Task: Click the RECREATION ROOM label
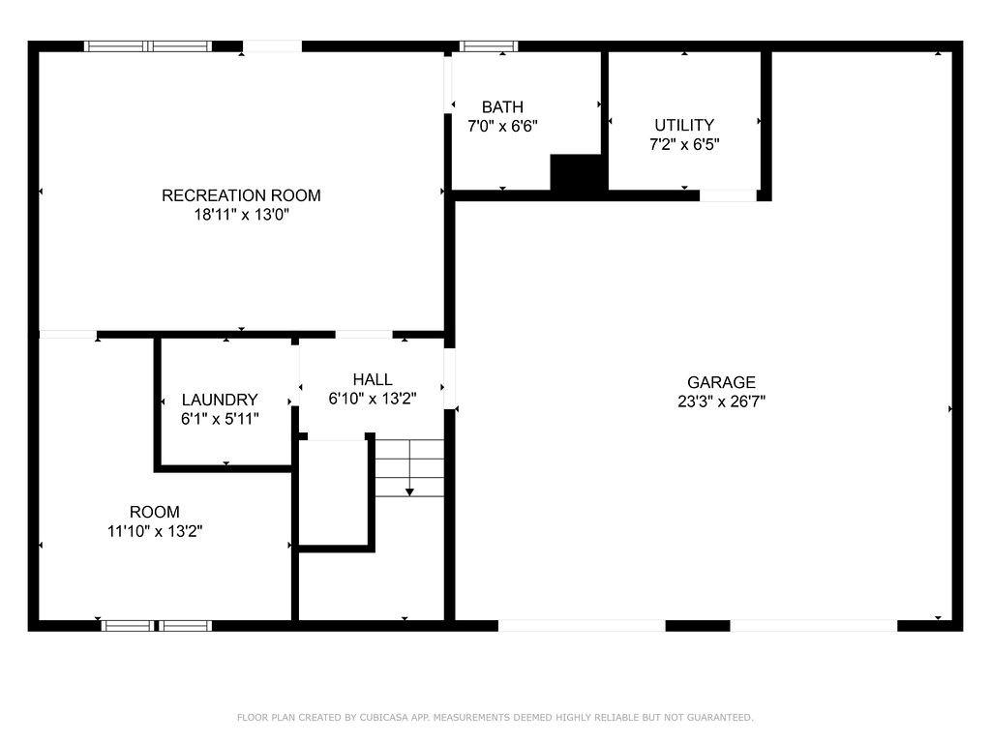241,195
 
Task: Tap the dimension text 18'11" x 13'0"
241,214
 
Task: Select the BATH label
502,106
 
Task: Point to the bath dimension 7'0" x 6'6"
502,126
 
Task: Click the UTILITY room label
684,125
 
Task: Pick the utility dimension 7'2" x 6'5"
684,144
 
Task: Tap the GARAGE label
721,382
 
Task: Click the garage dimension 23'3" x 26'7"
721,401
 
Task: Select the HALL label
373,379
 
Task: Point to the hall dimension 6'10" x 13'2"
373,399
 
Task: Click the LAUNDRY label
220,400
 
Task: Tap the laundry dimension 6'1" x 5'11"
220,418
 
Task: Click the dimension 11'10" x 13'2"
155,531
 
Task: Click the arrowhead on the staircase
409,491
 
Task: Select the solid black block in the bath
576,172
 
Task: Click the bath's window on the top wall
488,46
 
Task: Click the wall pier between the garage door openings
698,626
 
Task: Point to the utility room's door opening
728,195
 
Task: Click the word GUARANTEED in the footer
719,717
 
